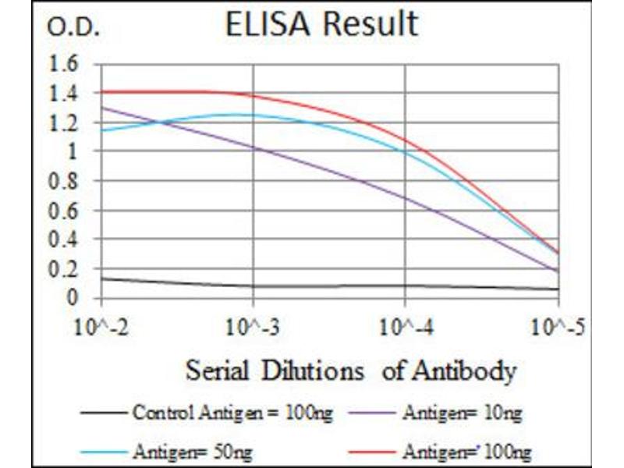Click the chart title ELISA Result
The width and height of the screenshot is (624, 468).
point(321,26)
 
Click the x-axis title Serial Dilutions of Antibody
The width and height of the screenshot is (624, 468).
point(351,370)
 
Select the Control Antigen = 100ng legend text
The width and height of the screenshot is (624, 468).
point(233,413)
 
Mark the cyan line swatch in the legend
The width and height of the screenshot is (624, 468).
point(102,450)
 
